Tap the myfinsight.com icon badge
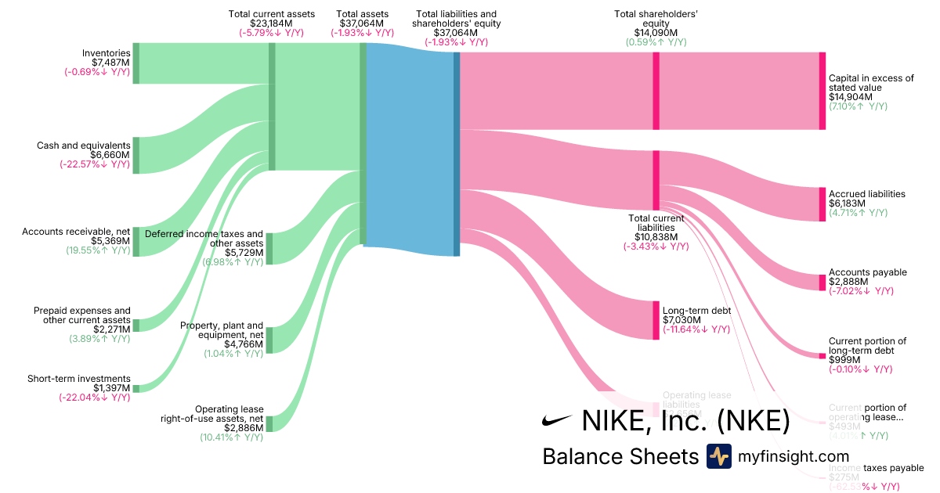718,456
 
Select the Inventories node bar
136,63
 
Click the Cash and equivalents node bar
136,155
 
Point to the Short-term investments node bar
136,388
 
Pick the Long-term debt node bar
656,320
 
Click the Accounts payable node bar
822,282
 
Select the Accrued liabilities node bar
822,204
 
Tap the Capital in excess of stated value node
822,91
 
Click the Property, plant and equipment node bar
269,340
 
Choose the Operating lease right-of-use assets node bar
269,423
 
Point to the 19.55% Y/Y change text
98,251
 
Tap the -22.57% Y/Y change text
95,164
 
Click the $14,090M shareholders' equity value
656,32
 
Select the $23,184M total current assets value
272,23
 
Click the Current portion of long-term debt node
822,356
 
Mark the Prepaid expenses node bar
136,325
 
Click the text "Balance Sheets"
620,457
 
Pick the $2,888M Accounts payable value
844,282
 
